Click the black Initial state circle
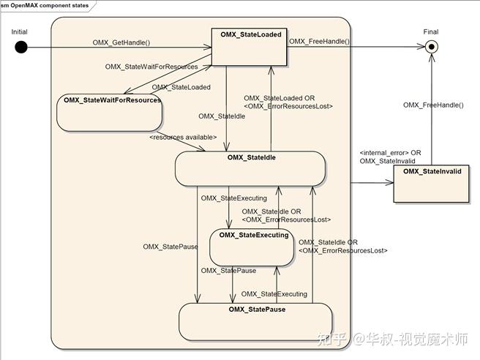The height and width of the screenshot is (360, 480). click(20, 48)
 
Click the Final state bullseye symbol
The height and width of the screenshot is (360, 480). click(432, 47)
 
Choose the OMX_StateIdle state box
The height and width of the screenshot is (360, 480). click(250, 168)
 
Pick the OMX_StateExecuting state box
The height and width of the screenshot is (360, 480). click(253, 247)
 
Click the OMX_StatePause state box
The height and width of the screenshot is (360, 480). click(255, 321)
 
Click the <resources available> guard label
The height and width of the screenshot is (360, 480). click(183, 137)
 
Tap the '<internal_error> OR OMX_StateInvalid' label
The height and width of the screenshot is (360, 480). click(390, 157)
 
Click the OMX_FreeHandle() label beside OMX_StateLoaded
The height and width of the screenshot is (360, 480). click(320, 42)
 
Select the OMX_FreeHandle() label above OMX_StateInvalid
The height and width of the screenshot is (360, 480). click(433, 105)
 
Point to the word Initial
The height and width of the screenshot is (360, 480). click(20, 31)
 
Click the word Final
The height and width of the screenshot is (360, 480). click(431, 31)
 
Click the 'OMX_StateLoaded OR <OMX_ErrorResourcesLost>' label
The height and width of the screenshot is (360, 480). click(288, 102)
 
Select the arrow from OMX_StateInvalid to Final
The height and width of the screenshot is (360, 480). click(432, 110)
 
